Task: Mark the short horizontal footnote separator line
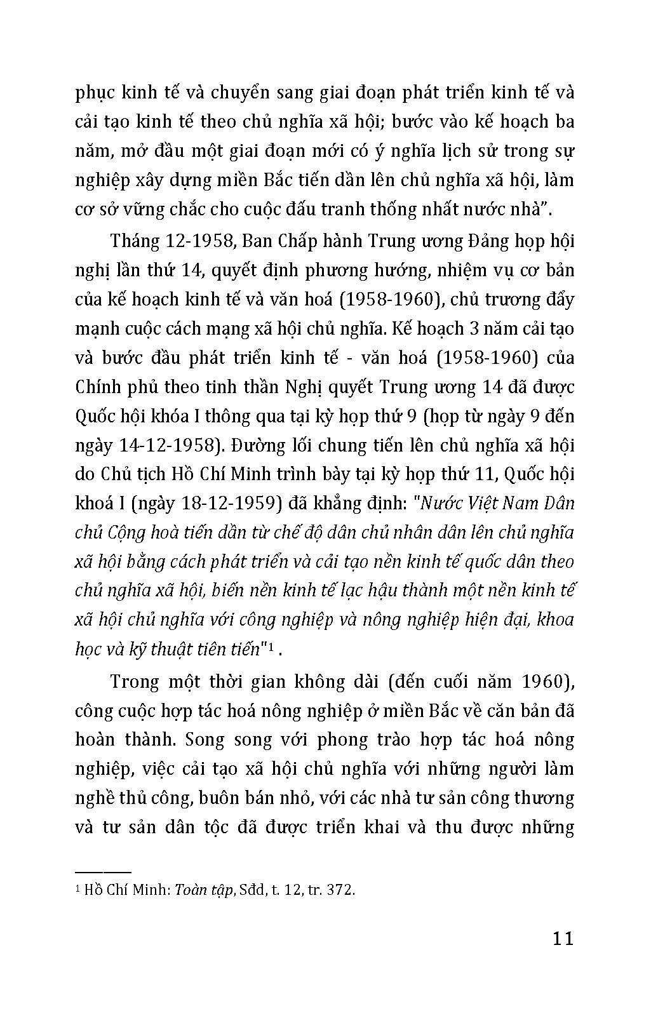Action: point(103,872)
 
